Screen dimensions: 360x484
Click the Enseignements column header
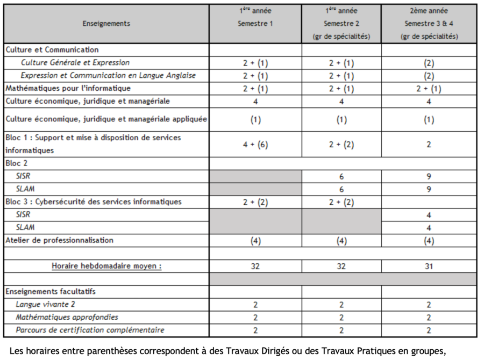106,24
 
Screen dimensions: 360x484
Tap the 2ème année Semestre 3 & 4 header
429,24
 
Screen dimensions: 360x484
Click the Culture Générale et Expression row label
75,63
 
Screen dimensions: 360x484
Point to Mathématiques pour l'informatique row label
68,88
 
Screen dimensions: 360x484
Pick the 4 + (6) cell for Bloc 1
255,144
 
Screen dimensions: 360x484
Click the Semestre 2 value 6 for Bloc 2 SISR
341,176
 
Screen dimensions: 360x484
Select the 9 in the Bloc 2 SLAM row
429,189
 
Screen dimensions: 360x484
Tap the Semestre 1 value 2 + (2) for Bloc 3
255,202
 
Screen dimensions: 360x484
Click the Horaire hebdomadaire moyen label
106,266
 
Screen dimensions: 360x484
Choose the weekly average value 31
429,266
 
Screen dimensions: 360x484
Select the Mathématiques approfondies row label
67,318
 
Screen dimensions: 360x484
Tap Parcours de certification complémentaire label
90,330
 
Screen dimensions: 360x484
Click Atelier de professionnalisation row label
60,240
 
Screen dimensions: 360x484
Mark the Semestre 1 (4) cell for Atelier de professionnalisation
255,240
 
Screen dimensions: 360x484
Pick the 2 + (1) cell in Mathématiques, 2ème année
429,88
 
